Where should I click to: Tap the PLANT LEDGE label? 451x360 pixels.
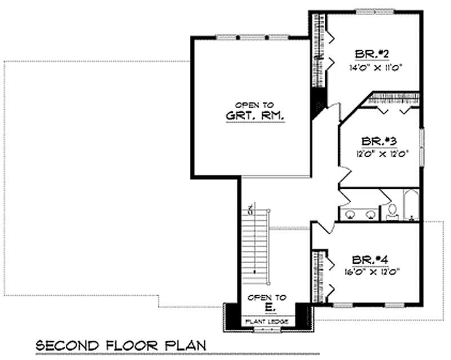click(266, 321)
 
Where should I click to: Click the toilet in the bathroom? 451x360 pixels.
click(392, 211)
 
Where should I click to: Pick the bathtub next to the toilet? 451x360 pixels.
click(410, 206)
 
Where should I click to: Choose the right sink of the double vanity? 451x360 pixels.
click(370, 214)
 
